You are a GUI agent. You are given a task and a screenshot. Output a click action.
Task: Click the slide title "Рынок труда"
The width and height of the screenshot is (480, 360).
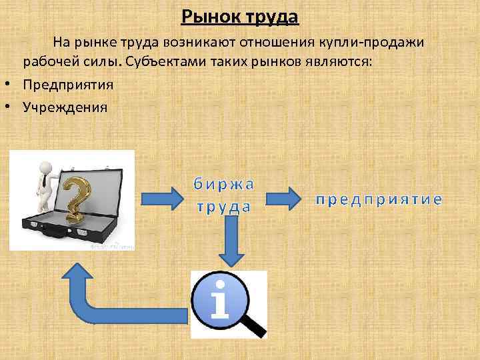[x=239, y=15]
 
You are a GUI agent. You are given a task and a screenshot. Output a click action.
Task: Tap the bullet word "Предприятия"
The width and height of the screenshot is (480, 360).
[x=68, y=85]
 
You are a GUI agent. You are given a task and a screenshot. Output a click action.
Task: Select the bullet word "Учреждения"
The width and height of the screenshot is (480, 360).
[x=65, y=106]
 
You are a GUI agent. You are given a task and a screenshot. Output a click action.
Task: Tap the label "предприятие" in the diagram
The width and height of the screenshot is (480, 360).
[x=377, y=199]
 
